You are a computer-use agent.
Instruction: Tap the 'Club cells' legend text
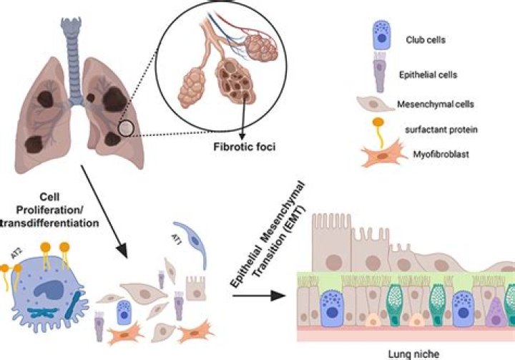pyautogui.click(x=424, y=39)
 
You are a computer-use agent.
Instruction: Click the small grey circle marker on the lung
pyautogui.click(x=126, y=128)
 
